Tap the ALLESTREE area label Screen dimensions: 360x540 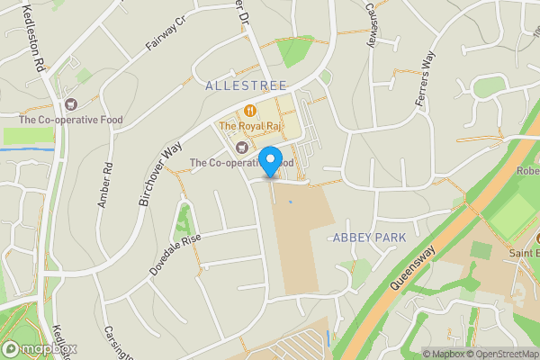(246, 85)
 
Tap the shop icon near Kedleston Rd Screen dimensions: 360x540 (70, 104)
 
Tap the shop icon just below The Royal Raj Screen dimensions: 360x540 (240, 147)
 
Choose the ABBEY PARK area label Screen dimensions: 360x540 (369, 238)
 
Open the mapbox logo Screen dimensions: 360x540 (40, 349)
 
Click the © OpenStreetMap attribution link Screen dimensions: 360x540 (502, 353)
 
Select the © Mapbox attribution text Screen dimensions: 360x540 (445, 353)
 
